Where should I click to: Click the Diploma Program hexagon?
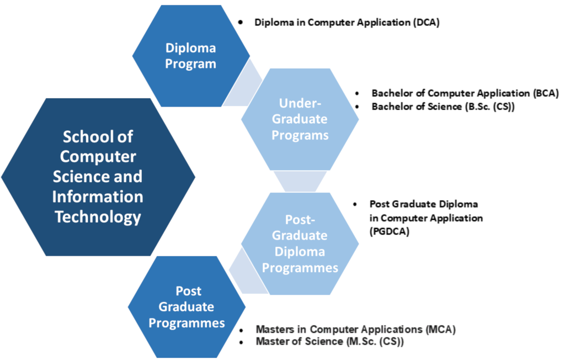(x=191, y=56)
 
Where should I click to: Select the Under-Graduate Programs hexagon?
(x=300, y=119)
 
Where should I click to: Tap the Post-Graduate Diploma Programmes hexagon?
(x=300, y=243)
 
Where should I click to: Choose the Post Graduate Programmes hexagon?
(x=186, y=307)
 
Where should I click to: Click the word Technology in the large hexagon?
(x=98, y=217)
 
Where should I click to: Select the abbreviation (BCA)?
(x=546, y=93)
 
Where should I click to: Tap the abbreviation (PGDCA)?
(x=390, y=231)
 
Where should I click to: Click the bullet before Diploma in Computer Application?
(x=241, y=23)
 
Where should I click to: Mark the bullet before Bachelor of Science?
(x=357, y=107)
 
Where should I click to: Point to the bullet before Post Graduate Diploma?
(x=355, y=204)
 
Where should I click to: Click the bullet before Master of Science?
(x=241, y=342)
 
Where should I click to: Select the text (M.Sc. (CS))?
(x=375, y=341)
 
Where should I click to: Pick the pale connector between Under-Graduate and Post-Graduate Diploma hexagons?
(x=300, y=182)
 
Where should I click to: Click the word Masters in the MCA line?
(x=276, y=329)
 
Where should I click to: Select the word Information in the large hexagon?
(x=98, y=197)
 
